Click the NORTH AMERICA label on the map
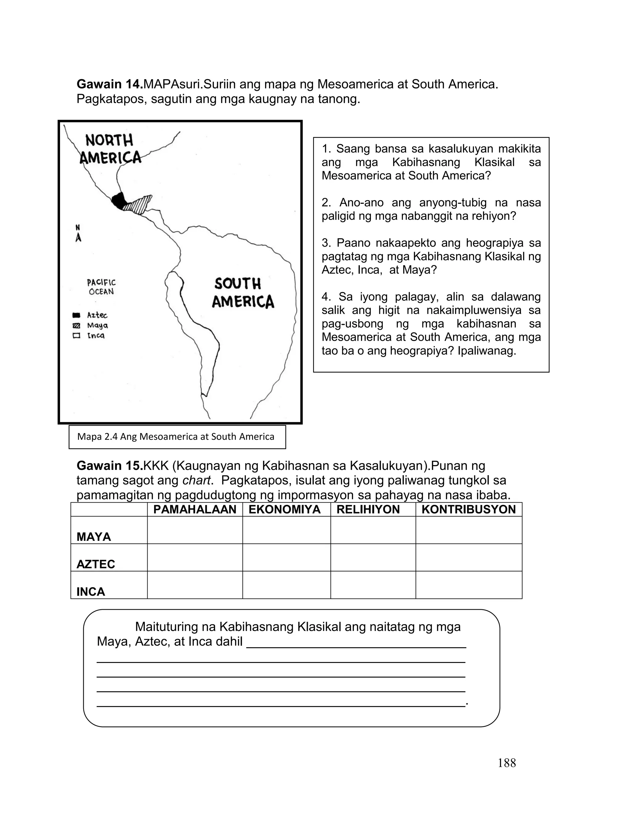(110, 149)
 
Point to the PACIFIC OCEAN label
(101, 287)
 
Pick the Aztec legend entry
(90, 315)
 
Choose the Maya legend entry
(91, 325)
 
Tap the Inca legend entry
(89, 335)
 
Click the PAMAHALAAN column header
(194, 510)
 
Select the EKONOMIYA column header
(284, 510)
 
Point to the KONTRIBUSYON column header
(468, 510)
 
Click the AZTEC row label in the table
(96, 564)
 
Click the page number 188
(507, 763)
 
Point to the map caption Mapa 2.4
(176, 437)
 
